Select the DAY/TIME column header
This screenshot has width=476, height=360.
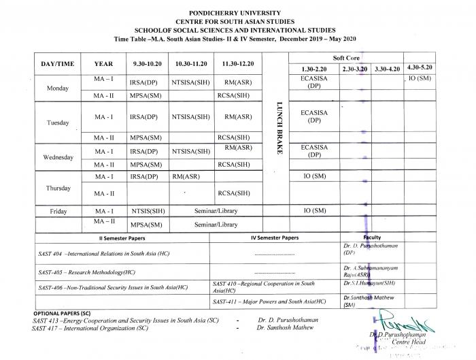coord(57,63)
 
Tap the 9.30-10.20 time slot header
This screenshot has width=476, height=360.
coord(148,63)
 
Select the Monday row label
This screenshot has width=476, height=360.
coord(57,88)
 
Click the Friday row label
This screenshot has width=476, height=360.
coord(58,212)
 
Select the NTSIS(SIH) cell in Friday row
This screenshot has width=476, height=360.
coord(148,212)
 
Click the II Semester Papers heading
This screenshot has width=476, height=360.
coord(123,238)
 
